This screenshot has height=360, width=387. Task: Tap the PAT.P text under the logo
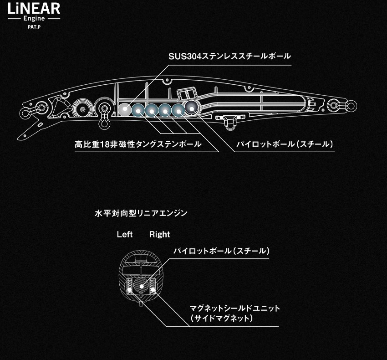point(34,27)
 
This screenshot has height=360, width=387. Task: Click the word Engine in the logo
point(34,19)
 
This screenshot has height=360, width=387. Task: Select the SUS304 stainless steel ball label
point(229,57)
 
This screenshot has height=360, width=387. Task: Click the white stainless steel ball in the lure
point(125,109)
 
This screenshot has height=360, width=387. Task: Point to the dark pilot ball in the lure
point(192,108)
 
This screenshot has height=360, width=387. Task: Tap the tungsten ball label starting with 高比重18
point(138,144)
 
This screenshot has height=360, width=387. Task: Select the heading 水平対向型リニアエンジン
point(141,213)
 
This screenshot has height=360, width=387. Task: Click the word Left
point(125,234)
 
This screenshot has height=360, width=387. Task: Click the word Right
point(160,234)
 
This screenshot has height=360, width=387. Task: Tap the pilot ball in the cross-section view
point(142,286)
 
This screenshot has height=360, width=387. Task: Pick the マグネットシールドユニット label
point(235,309)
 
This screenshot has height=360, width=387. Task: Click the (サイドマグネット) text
point(222,318)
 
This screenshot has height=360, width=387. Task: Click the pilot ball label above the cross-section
point(221,251)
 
